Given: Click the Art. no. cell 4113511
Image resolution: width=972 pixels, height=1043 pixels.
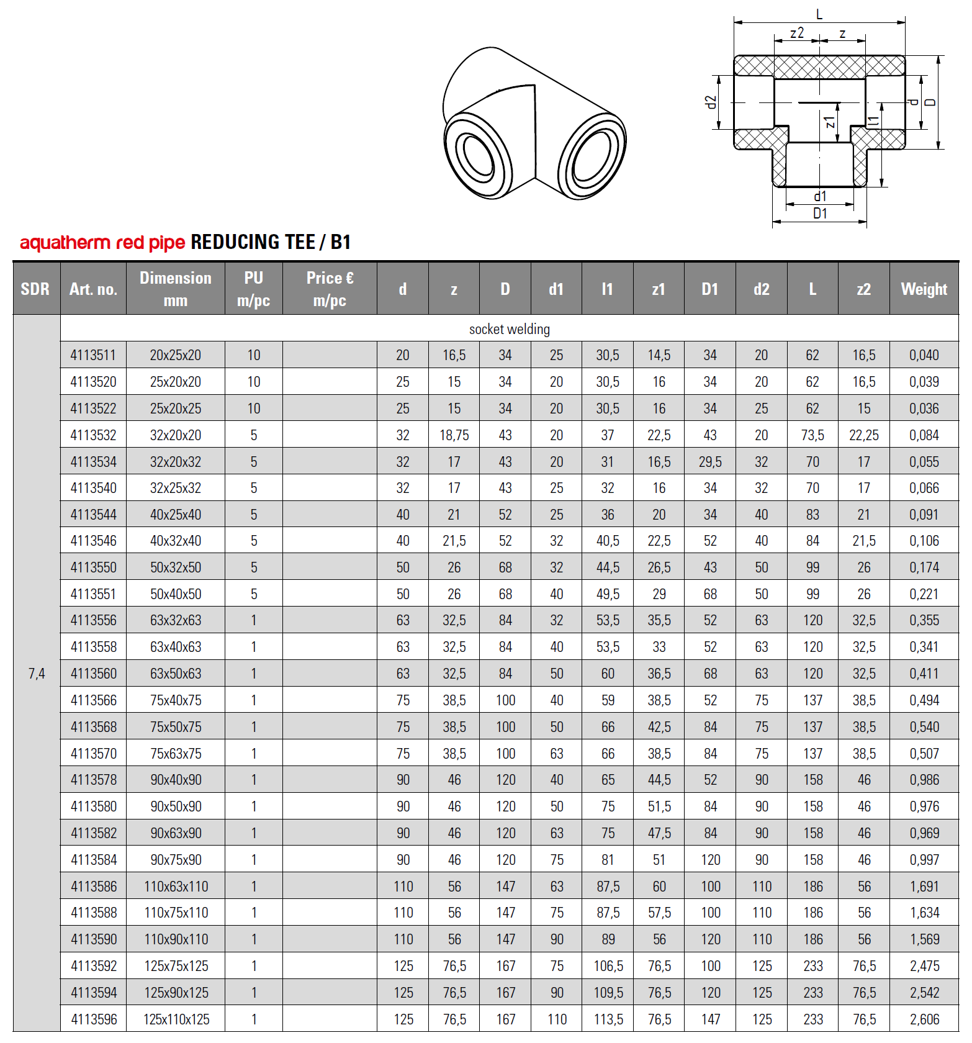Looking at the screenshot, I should tap(93, 355).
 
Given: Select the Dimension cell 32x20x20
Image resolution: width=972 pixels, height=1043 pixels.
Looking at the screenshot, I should tap(175, 435).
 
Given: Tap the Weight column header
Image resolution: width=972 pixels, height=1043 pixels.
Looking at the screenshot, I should tap(924, 289).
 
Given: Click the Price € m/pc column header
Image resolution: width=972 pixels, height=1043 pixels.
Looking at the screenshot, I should tap(330, 289).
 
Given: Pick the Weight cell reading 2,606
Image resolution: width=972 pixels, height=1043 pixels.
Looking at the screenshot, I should tap(924, 1019).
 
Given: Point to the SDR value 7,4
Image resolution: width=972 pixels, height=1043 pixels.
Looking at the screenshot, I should tap(37, 674).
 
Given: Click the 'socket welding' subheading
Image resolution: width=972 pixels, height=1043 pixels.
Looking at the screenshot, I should tap(509, 329).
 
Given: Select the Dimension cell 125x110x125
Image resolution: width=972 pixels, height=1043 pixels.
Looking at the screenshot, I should tap(176, 1019).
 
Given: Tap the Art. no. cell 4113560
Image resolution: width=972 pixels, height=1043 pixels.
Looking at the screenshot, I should tap(93, 674).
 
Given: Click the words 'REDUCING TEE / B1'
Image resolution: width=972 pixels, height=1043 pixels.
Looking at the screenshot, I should tap(271, 242).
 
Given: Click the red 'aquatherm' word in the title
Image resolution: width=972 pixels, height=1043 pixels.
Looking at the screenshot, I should tap(65, 243).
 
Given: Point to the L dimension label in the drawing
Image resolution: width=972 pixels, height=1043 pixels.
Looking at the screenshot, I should tap(819, 14).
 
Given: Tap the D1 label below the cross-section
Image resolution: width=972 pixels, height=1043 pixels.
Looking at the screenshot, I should tap(820, 214).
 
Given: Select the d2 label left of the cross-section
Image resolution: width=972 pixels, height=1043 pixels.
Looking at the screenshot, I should tap(711, 102).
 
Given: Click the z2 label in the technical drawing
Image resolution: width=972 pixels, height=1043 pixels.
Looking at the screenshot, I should tap(796, 33).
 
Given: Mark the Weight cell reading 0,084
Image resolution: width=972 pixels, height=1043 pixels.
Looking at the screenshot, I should tap(924, 435).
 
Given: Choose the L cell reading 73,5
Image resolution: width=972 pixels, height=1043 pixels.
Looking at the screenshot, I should tap(812, 435).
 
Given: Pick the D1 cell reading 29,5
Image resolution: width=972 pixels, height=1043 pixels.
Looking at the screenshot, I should tap(710, 462).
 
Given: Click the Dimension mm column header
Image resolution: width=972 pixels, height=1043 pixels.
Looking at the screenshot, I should tap(175, 289).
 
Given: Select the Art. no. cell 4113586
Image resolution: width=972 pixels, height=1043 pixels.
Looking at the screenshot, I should tap(93, 887).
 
